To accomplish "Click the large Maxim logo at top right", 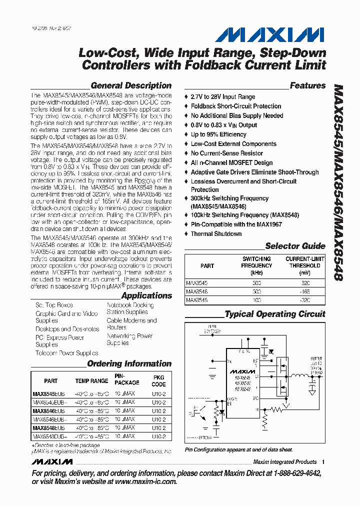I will (x=270, y=34).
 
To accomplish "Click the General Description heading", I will (x=131, y=85).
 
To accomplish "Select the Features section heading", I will (x=307, y=85).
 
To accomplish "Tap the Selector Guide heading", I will (x=295, y=245).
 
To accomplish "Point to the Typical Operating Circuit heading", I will (x=275, y=314).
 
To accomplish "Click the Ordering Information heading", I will (x=129, y=363).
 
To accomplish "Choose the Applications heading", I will (x=146, y=295).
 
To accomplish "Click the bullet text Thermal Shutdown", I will (x=216, y=233).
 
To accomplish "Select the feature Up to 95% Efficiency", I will (x=218, y=134).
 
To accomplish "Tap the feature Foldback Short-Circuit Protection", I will (x=236, y=106).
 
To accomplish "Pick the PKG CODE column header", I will (x=158, y=380).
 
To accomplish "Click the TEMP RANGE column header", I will (x=91, y=381).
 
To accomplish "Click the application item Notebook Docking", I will (x=130, y=304).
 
